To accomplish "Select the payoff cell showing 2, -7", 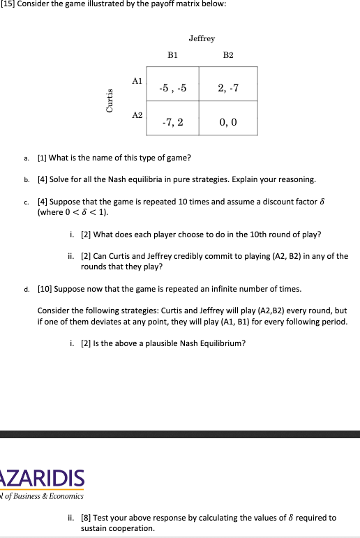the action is coord(228,89).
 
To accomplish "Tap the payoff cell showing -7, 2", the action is coord(172,123).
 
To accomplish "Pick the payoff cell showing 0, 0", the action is coord(228,123).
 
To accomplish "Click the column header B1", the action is coord(172,54).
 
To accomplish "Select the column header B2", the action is coord(229,54).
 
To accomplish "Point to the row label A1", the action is coord(137,81).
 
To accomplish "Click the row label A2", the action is coord(137,114).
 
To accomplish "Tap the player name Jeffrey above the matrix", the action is coord(202,38).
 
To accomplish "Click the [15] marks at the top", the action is coord(7,5).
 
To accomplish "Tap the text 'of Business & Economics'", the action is coord(43,496).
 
